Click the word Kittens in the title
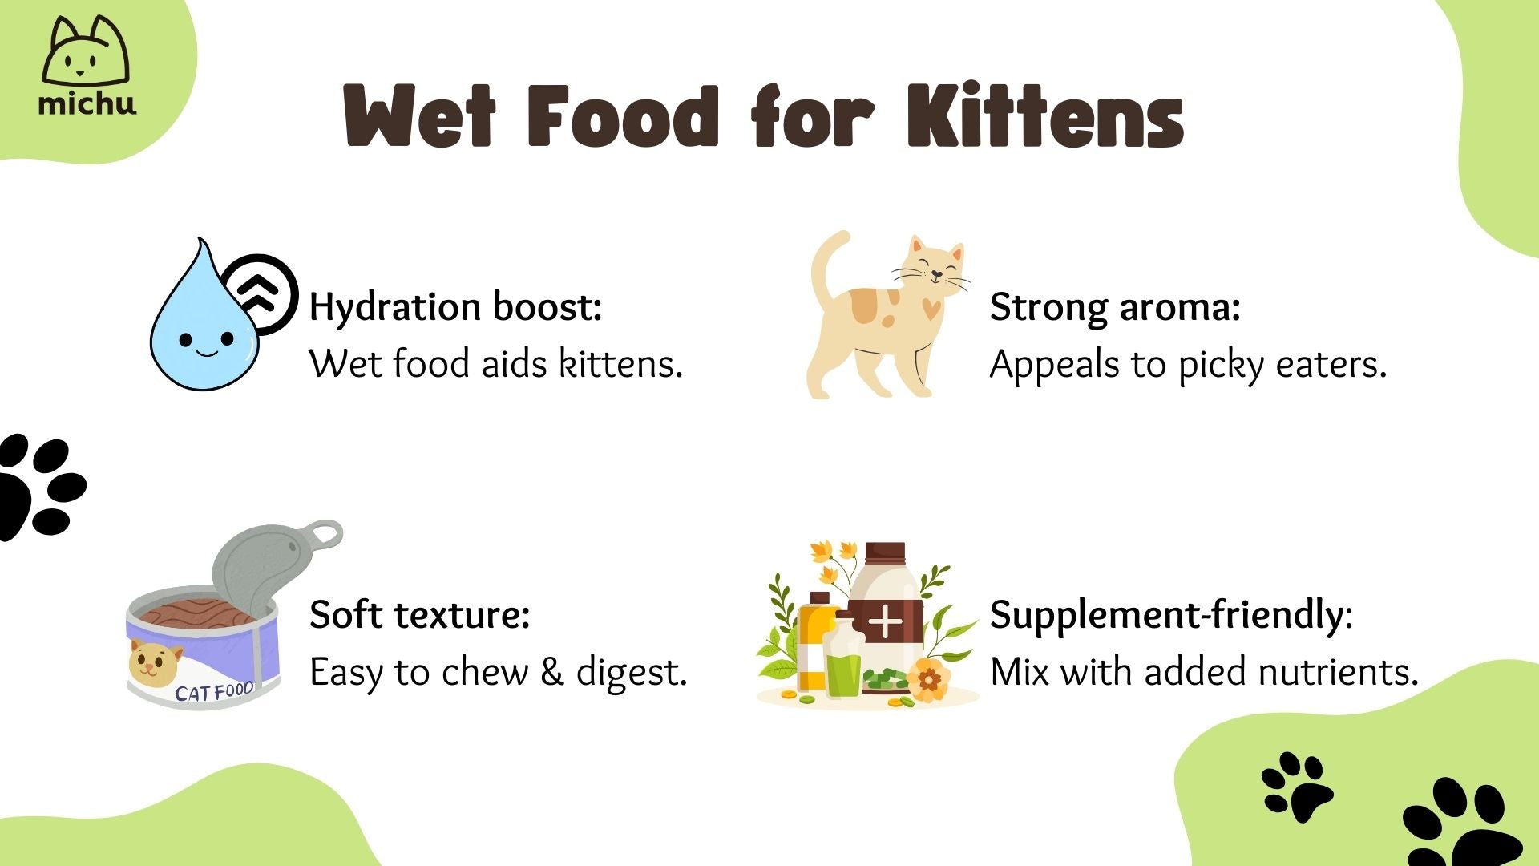(x=1045, y=116)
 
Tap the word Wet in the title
(x=419, y=116)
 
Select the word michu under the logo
(x=87, y=103)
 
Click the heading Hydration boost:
(x=455, y=306)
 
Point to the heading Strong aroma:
(x=1115, y=306)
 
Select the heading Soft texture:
(x=419, y=614)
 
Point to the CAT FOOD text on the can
(x=214, y=691)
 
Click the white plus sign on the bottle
(x=886, y=622)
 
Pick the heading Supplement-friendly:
(x=1171, y=614)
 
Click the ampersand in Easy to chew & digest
(x=551, y=672)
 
